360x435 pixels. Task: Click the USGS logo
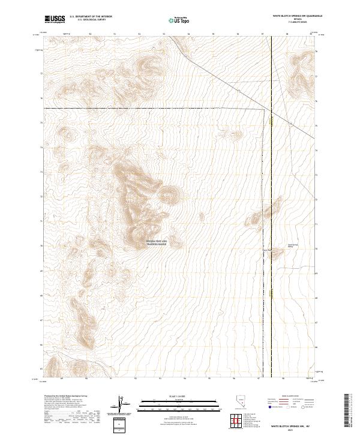point(54,20)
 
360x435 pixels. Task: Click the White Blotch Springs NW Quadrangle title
point(293,16)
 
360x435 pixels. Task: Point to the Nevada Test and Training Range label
point(157,242)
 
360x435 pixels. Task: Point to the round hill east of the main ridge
point(170,193)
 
